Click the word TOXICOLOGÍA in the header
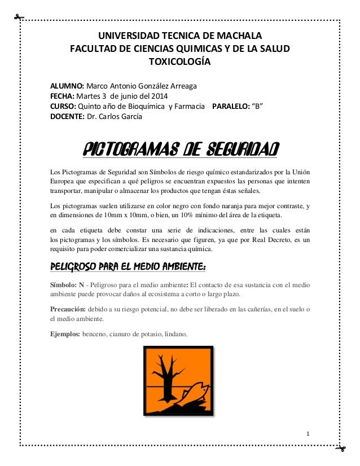click(179, 61)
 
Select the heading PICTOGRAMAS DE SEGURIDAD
click(179, 150)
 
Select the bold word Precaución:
click(68, 309)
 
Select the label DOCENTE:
click(67, 117)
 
